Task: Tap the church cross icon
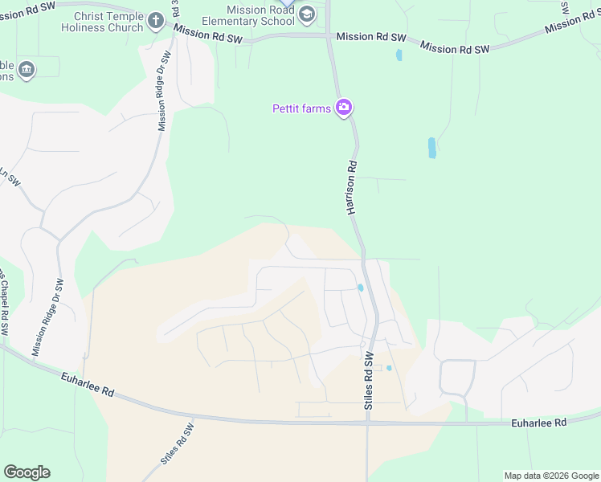(x=156, y=16)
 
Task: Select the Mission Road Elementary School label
(x=260, y=15)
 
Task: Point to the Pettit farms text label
(x=302, y=108)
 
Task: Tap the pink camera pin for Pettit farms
(x=344, y=107)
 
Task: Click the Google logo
(x=27, y=472)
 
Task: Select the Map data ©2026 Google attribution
(x=552, y=476)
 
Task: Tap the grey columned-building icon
(x=26, y=69)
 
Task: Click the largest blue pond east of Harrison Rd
(x=432, y=147)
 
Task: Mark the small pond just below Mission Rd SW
(x=399, y=55)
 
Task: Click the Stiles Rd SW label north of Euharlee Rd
(x=370, y=381)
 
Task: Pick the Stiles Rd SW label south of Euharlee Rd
(x=178, y=447)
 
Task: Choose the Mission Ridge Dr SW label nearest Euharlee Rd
(x=48, y=317)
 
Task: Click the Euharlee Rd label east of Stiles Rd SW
(x=538, y=423)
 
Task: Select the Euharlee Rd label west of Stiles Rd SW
(x=88, y=383)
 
